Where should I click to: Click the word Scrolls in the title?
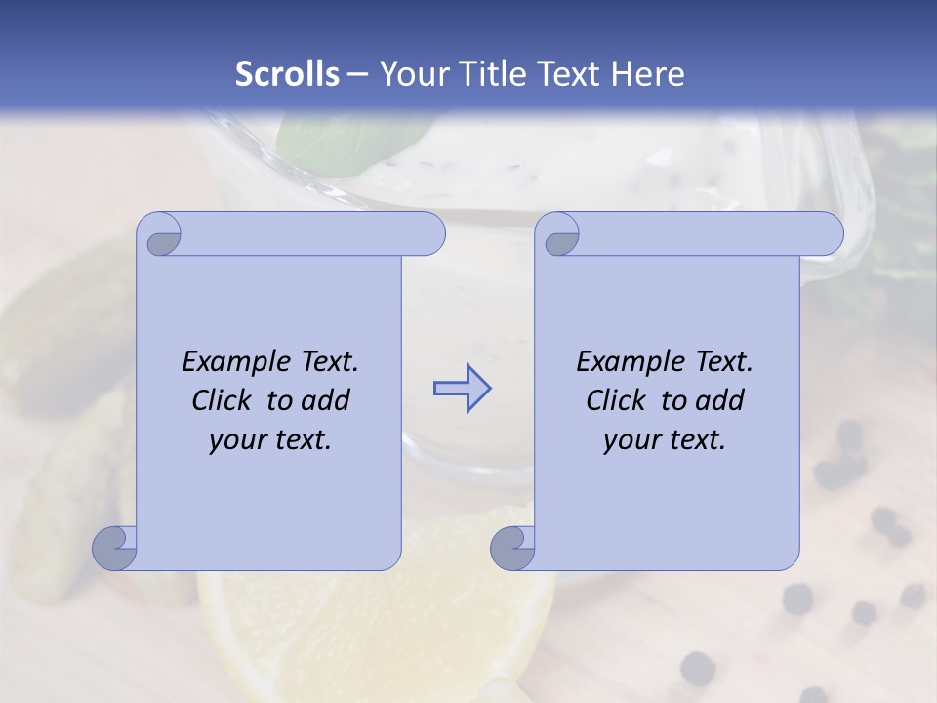288,74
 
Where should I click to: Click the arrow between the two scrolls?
462,389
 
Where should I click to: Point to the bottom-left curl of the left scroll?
115,549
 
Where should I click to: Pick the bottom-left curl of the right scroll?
513,549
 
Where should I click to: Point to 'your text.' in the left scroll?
270,440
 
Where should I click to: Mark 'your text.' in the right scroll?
665,440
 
